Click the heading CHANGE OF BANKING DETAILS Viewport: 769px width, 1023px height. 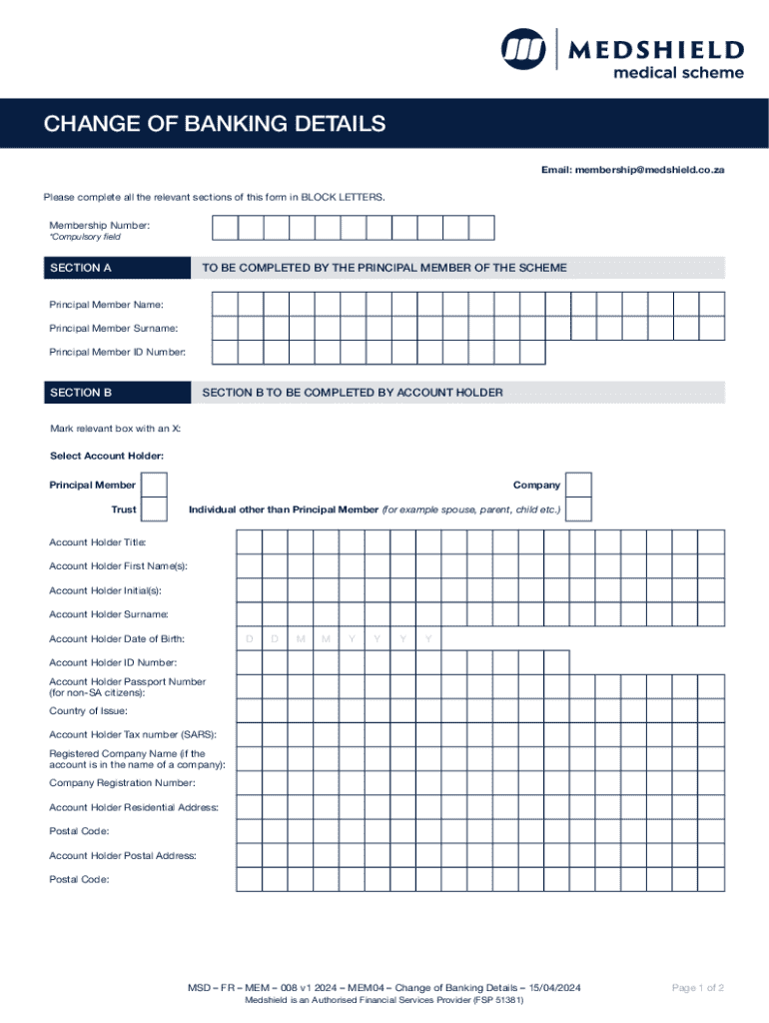pyautogui.click(x=214, y=124)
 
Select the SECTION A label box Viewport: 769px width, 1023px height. pyautogui.click(x=116, y=268)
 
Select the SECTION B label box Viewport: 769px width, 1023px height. pyautogui.click(x=116, y=393)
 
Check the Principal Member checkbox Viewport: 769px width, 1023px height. pyautogui.click(x=154, y=485)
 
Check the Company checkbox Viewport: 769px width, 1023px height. pyautogui.click(x=578, y=485)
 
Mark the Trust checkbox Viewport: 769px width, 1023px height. pyautogui.click(x=154, y=510)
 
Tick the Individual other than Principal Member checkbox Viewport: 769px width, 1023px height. pyautogui.click(x=578, y=510)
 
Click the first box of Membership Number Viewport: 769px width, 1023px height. pyautogui.click(x=225, y=227)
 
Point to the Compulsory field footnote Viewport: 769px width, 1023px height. pyautogui.click(x=85, y=238)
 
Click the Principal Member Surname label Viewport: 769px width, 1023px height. pyautogui.click(x=114, y=329)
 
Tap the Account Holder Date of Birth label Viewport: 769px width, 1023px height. pyautogui.click(x=117, y=638)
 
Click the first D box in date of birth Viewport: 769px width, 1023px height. pyautogui.click(x=249, y=638)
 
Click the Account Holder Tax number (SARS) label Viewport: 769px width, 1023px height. pyautogui.click(x=132, y=734)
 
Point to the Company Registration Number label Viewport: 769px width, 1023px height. pyautogui.click(x=122, y=783)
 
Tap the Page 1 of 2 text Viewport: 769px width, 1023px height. pyautogui.click(x=698, y=988)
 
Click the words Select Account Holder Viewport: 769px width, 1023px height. pyautogui.click(x=107, y=456)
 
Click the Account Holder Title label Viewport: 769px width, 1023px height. pyautogui.click(x=98, y=542)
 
